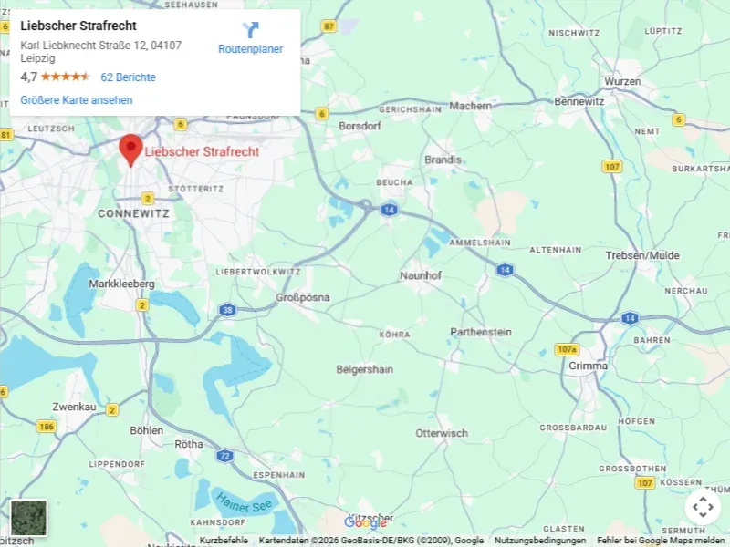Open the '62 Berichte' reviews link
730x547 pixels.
point(128,77)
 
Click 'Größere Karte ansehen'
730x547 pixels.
point(77,100)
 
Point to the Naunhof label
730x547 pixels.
point(421,274)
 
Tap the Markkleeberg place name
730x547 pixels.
point(121,284)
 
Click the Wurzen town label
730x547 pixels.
point(622,81)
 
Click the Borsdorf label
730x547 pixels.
point(359,126)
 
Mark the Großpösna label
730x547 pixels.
point(303,298)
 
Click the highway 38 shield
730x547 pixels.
point(227,310)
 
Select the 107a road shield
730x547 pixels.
point(567,350)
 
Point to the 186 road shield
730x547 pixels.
point(46,426)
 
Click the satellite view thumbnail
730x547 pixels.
point(28,517)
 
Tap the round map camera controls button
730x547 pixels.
point(703,507)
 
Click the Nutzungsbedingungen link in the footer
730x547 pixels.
point(540,541)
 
